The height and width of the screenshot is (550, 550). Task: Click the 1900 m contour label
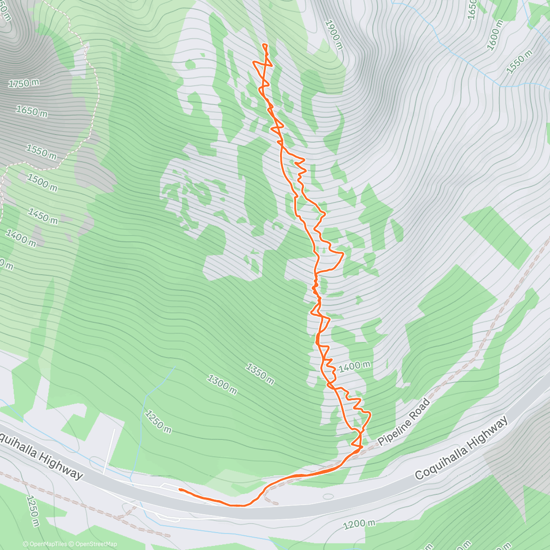pyautogui.click(x=333, y=34)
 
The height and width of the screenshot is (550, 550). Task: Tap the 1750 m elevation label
pyautogui.click(x=24, y=83)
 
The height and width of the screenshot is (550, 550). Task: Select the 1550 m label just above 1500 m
pyautogui.click(x=41, y=152)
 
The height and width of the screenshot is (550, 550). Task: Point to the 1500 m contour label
pyautogui.click(x=42, y=182)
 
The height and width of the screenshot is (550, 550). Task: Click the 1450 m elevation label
pyautogui.click(x=43, y=216)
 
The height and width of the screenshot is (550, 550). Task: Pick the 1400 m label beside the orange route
pyautogui.click(x=354, y=366)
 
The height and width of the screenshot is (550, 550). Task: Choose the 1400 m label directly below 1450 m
pyautogui.click(x=21, y=238)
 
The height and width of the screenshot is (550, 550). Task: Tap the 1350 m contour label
pyautogui.click(x=260, y=374)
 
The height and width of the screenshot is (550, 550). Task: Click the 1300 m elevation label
pyautogui.click(x=222, y=385)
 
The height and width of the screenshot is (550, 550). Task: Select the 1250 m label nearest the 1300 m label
pyautogui.click(x=158, y=421)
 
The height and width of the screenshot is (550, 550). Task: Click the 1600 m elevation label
pyautogui.click(x=496, y=35)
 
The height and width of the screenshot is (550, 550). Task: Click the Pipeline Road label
pyautogui.click(x=404, y=422)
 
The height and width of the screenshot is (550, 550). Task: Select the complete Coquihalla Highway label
pyautogui.click(x=462, y=448)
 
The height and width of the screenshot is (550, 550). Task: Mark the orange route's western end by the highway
pyautogui.click(x=179, y=489)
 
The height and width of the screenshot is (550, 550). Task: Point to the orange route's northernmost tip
pyautogui.click(x=264, y=44)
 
